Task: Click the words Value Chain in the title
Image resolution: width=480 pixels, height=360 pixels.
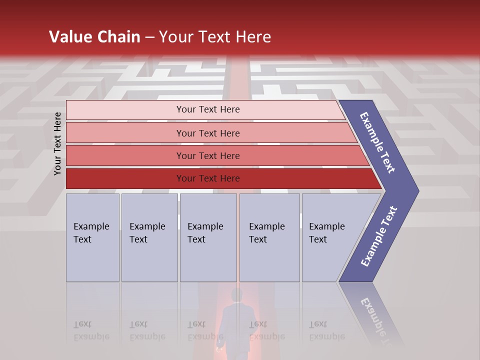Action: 94,36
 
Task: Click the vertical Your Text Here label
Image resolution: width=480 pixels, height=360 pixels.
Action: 58,143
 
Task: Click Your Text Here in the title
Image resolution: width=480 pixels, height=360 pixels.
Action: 215,36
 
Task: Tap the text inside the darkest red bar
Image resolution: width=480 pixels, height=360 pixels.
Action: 208,178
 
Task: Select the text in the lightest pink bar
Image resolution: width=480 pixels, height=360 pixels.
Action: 208,109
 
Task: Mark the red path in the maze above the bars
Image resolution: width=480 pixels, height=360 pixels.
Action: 239,80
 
